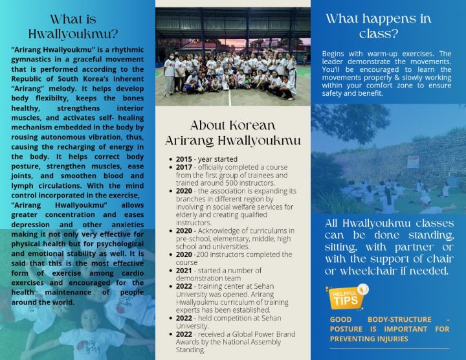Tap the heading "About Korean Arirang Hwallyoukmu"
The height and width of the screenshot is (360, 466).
point(232,133)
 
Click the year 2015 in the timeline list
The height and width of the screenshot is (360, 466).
point(186,159)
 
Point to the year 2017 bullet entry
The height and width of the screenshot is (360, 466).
point(186,167)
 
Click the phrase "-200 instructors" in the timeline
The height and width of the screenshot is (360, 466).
point(219,254)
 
